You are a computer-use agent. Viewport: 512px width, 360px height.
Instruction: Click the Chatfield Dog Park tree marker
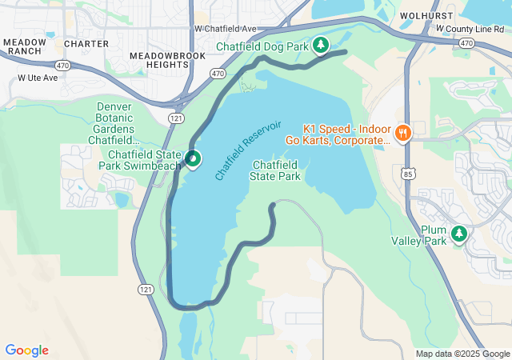(321, 45)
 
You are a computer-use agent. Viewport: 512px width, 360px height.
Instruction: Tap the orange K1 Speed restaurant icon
(403, 133)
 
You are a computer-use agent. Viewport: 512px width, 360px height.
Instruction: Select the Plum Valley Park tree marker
(459, 234)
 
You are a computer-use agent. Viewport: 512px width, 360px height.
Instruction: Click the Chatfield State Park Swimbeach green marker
(194, 159)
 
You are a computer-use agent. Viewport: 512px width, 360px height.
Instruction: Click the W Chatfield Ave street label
(225, 29)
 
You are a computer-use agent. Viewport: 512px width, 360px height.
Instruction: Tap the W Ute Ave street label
(38, 78)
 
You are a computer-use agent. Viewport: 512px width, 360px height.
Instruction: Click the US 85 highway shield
(408, 172)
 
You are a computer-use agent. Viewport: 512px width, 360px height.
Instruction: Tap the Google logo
(27, 350)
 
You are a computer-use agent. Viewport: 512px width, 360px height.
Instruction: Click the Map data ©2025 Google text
(462, 354)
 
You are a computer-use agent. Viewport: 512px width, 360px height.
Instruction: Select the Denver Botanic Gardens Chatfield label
(114, 123)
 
